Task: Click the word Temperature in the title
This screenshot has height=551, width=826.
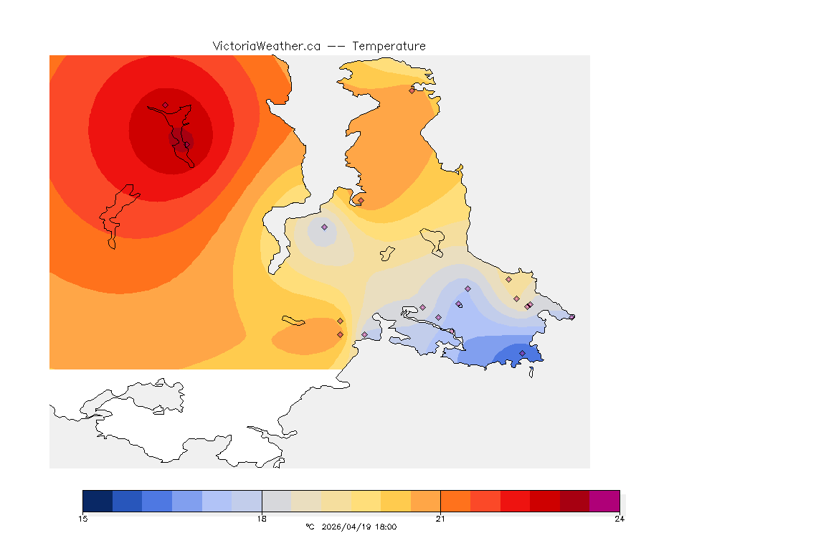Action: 389,46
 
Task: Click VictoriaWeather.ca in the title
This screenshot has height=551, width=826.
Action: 266,46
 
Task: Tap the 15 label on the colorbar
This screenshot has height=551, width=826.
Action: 83,519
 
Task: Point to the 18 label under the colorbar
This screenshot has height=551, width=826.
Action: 262,519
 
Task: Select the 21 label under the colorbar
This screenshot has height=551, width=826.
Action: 440,519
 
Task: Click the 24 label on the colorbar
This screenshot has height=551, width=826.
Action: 619,519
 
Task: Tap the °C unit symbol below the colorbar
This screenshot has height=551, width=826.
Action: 310,527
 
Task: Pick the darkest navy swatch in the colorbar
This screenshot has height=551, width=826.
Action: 98,500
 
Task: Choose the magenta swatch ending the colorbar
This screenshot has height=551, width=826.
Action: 604,500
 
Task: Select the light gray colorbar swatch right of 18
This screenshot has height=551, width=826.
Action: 277,500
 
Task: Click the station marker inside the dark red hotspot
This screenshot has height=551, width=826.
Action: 165,105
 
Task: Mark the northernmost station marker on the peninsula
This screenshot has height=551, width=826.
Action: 412,90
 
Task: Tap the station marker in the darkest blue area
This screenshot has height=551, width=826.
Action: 522,353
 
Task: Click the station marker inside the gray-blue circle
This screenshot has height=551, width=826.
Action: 324,227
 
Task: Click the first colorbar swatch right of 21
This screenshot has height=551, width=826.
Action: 455,500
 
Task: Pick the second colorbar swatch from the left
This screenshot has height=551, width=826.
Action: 128,500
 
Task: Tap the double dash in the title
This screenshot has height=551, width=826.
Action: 336,46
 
